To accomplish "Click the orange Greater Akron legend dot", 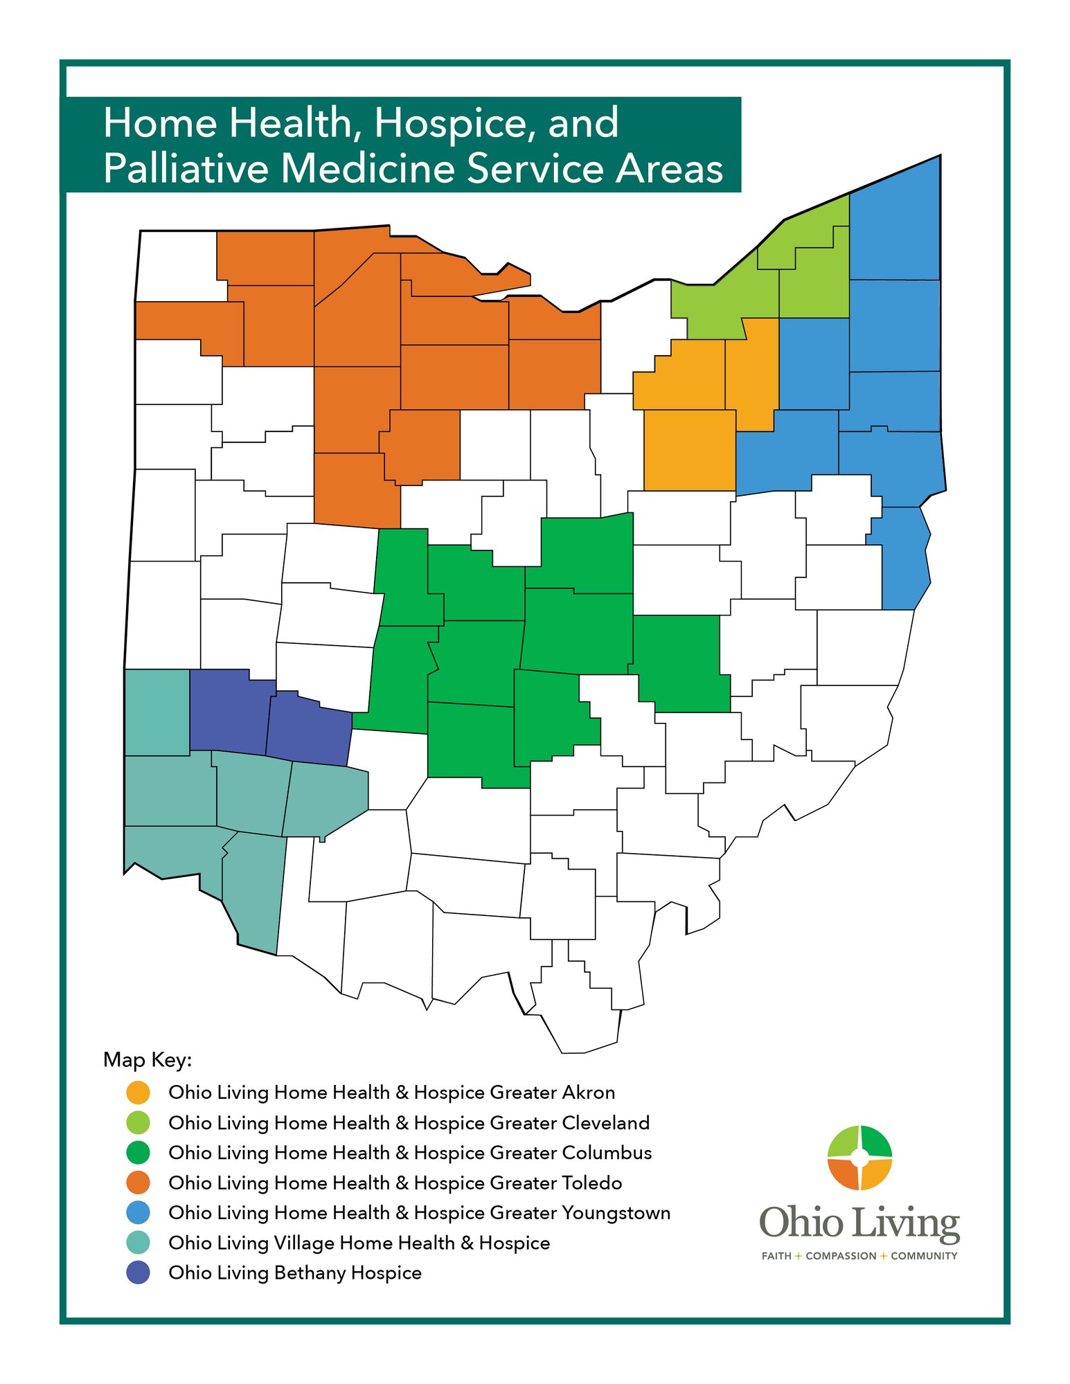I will (139, 1093).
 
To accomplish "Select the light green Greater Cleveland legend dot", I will (139, 1122).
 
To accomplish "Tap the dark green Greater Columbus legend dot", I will (139, 1153).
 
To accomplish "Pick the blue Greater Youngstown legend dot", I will (139, 1212).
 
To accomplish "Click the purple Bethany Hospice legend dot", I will (139, 1273).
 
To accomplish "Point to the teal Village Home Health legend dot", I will (139, 1243).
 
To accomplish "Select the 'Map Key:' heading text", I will (147, 1060).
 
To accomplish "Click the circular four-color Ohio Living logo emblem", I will (859, 1158).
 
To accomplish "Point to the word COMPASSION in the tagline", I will (841, 1256).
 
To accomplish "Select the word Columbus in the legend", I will (607, 1153).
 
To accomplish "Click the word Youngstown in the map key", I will (616, 1213).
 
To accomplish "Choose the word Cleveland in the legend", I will (605, 1122).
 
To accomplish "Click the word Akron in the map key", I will (588, 1093).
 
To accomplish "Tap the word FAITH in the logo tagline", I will (776, 1256).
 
